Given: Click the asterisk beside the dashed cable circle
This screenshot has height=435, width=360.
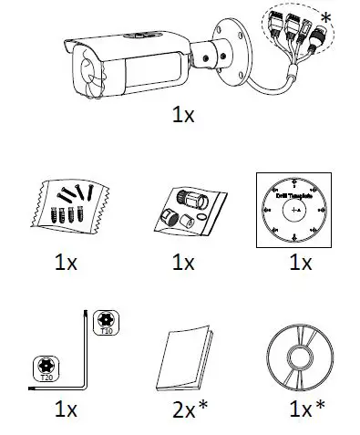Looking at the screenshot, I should click(349, 18).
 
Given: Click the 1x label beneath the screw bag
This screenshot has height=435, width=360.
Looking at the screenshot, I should click(65, 263).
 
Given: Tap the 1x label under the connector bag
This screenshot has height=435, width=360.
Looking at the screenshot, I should click(183, 263).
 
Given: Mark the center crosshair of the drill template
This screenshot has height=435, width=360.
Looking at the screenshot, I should click(293, 212).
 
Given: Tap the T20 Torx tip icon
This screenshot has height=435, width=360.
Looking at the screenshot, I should click(46, 367).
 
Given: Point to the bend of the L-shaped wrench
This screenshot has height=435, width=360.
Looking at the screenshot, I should click(85, 386).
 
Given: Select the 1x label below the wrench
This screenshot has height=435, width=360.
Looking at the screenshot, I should click(65, 408).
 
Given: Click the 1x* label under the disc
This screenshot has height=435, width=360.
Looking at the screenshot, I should click(301, 408).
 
